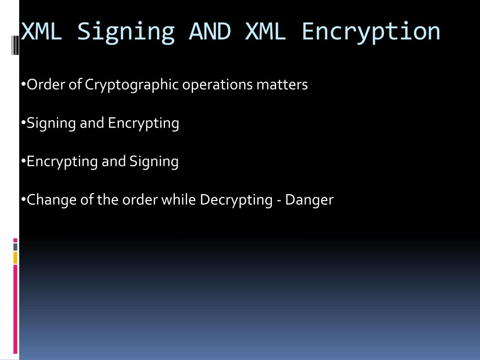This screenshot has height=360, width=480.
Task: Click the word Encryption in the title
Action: [x=371, y=32]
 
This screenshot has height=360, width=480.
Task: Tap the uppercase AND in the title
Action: [x=210, y=31]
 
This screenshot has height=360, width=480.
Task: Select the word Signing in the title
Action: [x=126, y=32]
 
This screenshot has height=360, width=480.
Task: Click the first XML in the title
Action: [x=42, y=31]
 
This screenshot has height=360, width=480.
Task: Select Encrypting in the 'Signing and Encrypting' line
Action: [x=143, y=124]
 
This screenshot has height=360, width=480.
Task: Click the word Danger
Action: [x=309, y=200]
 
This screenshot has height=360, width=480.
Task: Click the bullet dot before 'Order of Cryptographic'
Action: [x=23, y=85]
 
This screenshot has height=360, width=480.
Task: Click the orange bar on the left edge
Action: [x=15, y=257]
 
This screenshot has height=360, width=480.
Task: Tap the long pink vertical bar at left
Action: [x=15, y=309]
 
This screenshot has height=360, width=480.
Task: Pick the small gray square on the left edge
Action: [x=15, y=247]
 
